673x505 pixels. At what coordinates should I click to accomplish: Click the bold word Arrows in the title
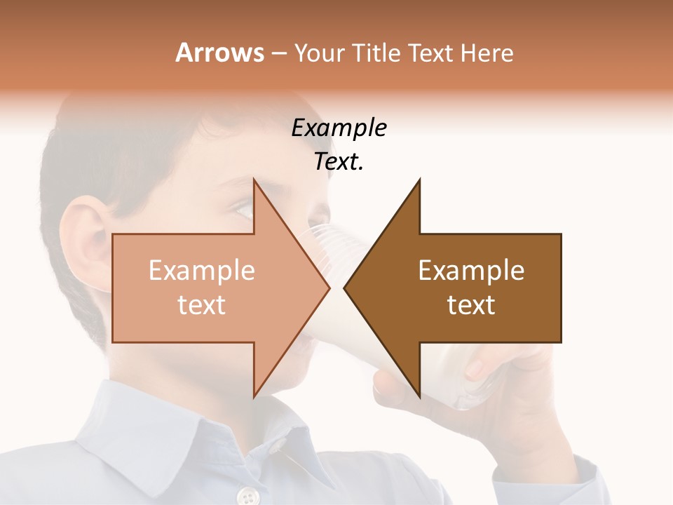tap(219, 53)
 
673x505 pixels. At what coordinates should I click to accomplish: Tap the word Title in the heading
tap(376, 53)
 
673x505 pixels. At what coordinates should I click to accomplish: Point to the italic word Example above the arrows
tap(339, 128)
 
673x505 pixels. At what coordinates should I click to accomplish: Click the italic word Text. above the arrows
tap(339, 161)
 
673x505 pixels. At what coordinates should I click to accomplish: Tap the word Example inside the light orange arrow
tap(202, 271)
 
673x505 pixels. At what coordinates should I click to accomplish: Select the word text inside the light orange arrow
tap(202, 304)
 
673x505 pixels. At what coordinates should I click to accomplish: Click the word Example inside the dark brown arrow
tap(471, 271)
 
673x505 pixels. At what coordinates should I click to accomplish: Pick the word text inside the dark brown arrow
tap(471, 304)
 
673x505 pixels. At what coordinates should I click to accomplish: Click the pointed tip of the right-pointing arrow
tap(328, 288)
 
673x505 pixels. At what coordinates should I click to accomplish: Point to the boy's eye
tap(244, 208)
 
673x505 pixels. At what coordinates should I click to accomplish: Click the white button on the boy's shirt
tap(247, 497)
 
